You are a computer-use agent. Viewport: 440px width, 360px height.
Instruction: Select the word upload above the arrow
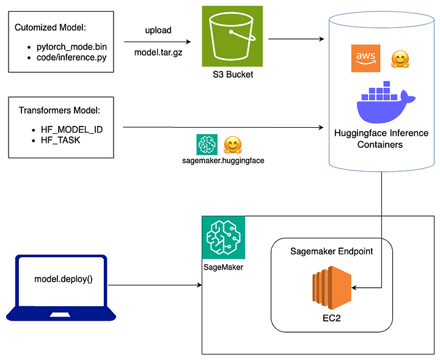pyautogui.click(x=158, y=29)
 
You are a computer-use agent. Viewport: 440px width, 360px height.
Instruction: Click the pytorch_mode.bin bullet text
pyautogui.click(x=75, y=47)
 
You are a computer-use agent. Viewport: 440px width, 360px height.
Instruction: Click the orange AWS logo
pyautogui.click(x=365, y=59)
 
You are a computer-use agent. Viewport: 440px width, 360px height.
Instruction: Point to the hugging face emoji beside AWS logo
pyautogui.click(x=398, y=59)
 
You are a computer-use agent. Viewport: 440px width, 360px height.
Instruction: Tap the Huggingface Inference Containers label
pyautogui.click(x=381, y=139)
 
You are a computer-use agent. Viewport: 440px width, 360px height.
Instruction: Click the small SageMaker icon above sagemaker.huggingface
pyautogui.click(x=207, y=145)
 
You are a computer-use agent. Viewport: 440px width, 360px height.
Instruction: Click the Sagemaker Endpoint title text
pyautogui.click(x=330, y=252)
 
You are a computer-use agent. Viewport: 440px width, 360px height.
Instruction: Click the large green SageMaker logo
pyautogui.click(x=223, y=237)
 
